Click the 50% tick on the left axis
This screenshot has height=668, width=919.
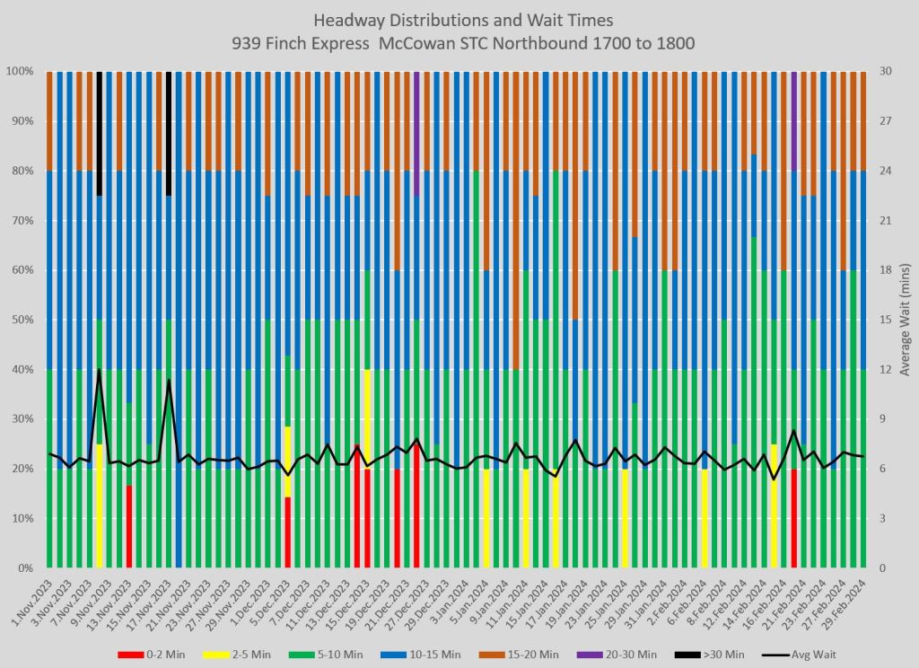pos(22,320)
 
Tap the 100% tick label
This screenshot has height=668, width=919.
pos(19,71)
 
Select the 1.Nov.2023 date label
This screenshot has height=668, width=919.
pos(31,602)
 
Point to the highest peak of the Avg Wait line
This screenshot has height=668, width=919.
pos(99,369)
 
